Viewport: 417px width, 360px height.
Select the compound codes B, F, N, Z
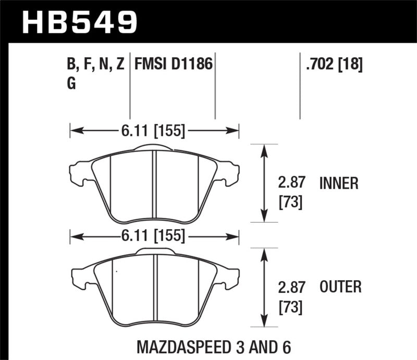coord(96,65)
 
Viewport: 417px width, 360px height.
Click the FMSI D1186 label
coord(173,65)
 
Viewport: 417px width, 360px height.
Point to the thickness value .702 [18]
coord(332,65)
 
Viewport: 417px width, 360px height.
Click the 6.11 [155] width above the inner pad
coord(154,131)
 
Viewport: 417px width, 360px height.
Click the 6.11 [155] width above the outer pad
coord(154,236)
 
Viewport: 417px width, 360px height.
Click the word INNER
coord(339,183)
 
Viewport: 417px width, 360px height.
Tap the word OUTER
coord(340,287)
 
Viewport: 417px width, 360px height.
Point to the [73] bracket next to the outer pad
coord(290,306)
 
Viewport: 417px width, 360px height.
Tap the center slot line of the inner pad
coord(154,185)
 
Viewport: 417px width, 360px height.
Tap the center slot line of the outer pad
coord(155,289)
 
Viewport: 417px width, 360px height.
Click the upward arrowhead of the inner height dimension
coord(265,150)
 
